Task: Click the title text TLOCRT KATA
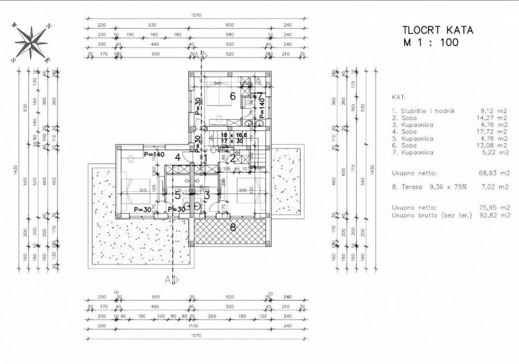438,30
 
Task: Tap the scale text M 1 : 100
430,42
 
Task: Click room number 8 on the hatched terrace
233,227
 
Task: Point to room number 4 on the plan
176,158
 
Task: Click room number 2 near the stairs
232,159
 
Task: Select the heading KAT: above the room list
398,96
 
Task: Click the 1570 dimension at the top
196,16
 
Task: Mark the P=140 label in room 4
154,155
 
